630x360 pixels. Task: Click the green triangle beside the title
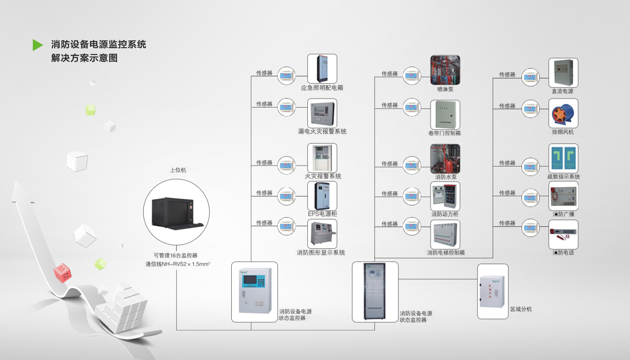[37, 45]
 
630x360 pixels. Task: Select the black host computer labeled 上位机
[176, 211]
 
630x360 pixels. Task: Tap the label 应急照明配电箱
[322, 88]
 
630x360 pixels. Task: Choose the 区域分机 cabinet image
[492, 292]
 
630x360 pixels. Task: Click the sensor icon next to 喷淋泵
[411, 76]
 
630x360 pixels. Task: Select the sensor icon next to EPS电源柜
[286, 196]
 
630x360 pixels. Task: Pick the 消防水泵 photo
[445, 159]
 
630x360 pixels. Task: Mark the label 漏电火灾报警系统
[322, 131]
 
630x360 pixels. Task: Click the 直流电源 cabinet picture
[563, 73]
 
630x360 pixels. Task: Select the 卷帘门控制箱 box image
[445, 114]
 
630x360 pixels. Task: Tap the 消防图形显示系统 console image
[322, 234]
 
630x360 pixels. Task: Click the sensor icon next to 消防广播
[530, 198]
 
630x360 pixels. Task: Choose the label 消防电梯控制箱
[445, 253]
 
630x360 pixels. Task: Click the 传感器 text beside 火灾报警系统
[264, 162]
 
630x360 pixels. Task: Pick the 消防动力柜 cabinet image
[445, 196]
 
